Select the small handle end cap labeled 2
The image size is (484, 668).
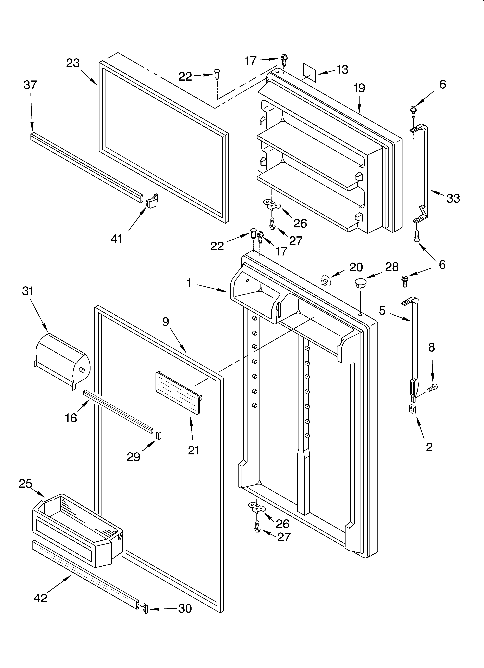pos(412,409)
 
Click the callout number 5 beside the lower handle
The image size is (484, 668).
pos(382,310)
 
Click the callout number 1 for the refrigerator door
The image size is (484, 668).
pos(189,283)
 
